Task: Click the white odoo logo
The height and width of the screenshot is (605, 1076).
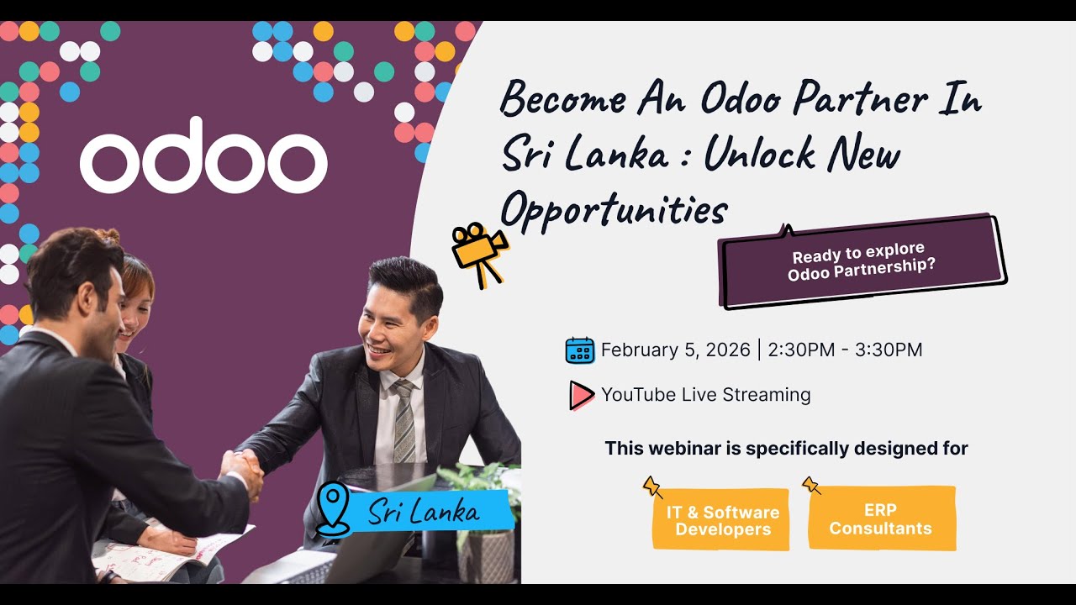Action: click(x=203, y=156)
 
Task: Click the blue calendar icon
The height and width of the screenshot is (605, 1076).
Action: click(x=580, y=350)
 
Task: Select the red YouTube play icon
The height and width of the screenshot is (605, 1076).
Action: click(x=581, y=395)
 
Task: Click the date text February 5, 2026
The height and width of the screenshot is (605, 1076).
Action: click(x=675, y=350)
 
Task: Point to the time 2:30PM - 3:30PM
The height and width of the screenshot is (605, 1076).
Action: click(x=845, y=350)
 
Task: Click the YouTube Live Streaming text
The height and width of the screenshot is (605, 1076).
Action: click(x=705, y=395)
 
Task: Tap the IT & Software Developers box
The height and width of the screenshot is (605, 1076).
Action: click(x=722, y=521)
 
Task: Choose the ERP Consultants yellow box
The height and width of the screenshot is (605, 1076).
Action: click(x=880, y=519)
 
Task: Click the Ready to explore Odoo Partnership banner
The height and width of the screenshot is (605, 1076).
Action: click(x=862, y=261)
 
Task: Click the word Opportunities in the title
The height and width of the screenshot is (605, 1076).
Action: click(x=614, y=208)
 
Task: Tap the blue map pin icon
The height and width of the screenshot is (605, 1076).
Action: click(x=333, y=508)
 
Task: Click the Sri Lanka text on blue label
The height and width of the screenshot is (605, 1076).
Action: click(x=425, y=511)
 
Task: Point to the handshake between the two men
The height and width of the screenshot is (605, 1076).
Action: click(x=241, y=466)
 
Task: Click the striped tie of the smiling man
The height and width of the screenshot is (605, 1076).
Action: click(x=404, y=421)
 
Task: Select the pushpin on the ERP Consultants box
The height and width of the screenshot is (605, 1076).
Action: click(x=811, y=485)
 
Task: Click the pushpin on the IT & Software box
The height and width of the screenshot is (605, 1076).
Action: click(x=652, y=486)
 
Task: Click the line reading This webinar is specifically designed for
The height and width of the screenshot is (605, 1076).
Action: click(x=786, y=449)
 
